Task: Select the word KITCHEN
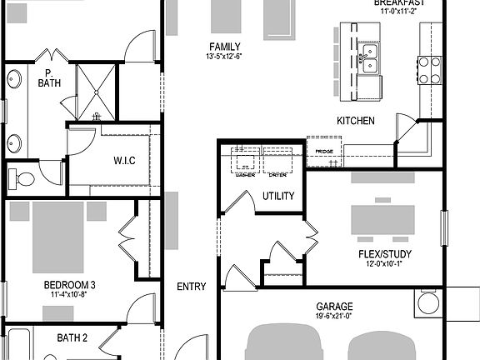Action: (355, 121)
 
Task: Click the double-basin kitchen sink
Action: (368, 62)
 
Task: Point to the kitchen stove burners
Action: (428, 70)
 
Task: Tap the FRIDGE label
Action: (324, 151)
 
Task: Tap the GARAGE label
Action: (334, 306)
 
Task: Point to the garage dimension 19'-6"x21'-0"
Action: (334, 317)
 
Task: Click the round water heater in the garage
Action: (429, 302)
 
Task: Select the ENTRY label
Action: (192, 287)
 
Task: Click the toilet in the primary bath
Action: (23, 178)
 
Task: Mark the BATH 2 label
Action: (72, 337)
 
